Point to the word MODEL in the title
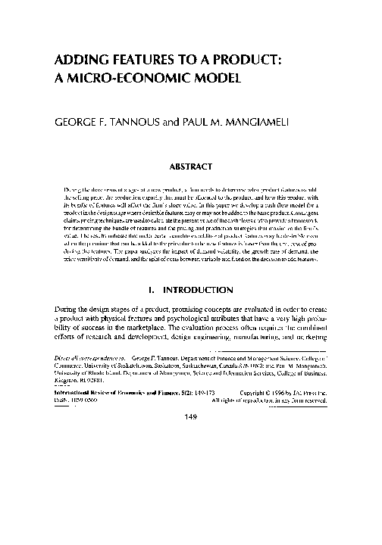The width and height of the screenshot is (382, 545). tap(212, 77)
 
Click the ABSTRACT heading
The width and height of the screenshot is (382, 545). tap(191, 160)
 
